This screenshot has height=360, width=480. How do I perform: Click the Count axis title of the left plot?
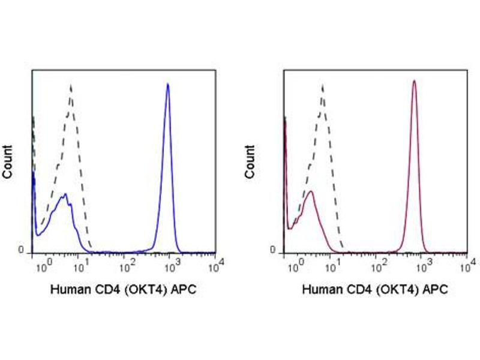click(8, 161)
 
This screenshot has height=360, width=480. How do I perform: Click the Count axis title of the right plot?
click(250, 161)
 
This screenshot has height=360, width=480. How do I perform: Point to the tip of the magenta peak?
click(414, 80)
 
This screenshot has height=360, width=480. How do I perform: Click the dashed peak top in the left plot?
click(71, 85)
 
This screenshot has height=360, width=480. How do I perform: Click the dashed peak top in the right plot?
click(322, 85)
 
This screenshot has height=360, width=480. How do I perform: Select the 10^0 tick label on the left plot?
click(42, 265)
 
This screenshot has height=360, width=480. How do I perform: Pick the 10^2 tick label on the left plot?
click(127, 265)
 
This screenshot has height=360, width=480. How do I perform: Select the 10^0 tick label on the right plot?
click(294, 265)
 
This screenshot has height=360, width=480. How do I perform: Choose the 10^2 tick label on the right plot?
click(379, 265)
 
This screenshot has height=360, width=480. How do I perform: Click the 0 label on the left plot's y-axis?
click(22, 250)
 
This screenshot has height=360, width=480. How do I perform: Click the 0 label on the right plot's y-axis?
click(274, 250)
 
